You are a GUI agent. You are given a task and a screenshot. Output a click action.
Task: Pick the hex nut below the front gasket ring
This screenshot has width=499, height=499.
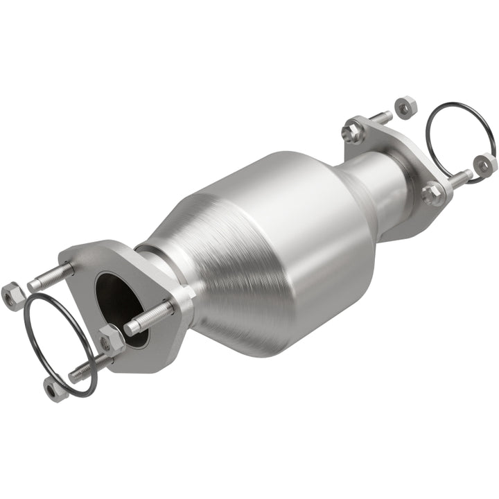(x=55, y=389)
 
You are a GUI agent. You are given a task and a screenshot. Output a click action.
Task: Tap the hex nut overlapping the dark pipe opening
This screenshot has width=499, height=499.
(x=111, y=340)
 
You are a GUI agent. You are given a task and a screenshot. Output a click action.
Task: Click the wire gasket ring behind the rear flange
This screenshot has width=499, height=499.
(x=461, y=114)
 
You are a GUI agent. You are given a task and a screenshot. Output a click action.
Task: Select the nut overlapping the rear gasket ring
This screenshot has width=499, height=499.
(x=485, y=164)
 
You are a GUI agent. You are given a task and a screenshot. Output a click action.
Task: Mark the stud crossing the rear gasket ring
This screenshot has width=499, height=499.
(x=461, y=176)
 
